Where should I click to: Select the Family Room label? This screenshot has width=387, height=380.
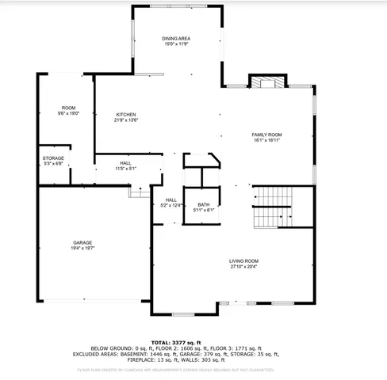267,135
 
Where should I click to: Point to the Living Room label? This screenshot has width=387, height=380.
244,261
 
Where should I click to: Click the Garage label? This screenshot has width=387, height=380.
83,241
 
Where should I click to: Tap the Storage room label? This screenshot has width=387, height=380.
53,158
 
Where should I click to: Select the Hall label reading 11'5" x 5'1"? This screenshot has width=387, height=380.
126,165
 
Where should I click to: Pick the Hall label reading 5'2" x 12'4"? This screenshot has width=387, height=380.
171,203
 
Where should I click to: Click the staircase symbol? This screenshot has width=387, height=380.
273,206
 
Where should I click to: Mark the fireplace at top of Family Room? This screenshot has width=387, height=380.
266,82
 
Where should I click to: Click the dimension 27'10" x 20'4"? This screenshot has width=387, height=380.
244,267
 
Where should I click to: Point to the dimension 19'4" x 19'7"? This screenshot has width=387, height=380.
83,248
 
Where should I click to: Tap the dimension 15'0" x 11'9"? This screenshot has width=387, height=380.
177,44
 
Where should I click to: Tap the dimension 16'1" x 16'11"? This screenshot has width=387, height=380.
267,141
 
